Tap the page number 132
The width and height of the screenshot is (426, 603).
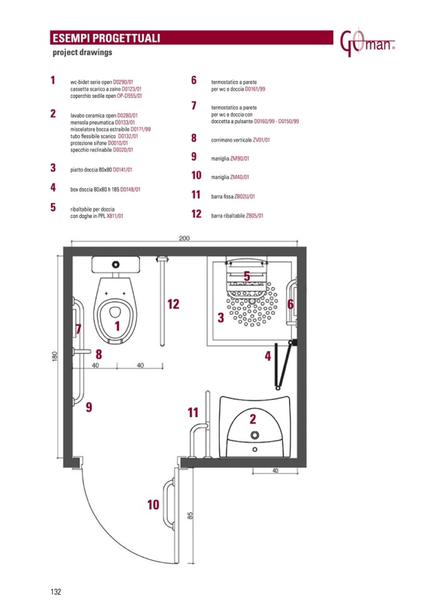pos(55,591)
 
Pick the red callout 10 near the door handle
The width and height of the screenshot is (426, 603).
pos(153,504)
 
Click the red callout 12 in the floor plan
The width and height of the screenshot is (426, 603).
pos(173,304)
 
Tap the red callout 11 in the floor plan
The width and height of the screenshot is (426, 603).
pos(193,412)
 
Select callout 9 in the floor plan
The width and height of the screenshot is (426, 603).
pos(89,407)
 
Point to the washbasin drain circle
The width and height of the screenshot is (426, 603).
pos(254,435)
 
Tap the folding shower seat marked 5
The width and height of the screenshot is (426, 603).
pos(247,277)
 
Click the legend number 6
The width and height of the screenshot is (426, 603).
pos(194,80)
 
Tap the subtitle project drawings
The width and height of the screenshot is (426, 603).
pos(82,53)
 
